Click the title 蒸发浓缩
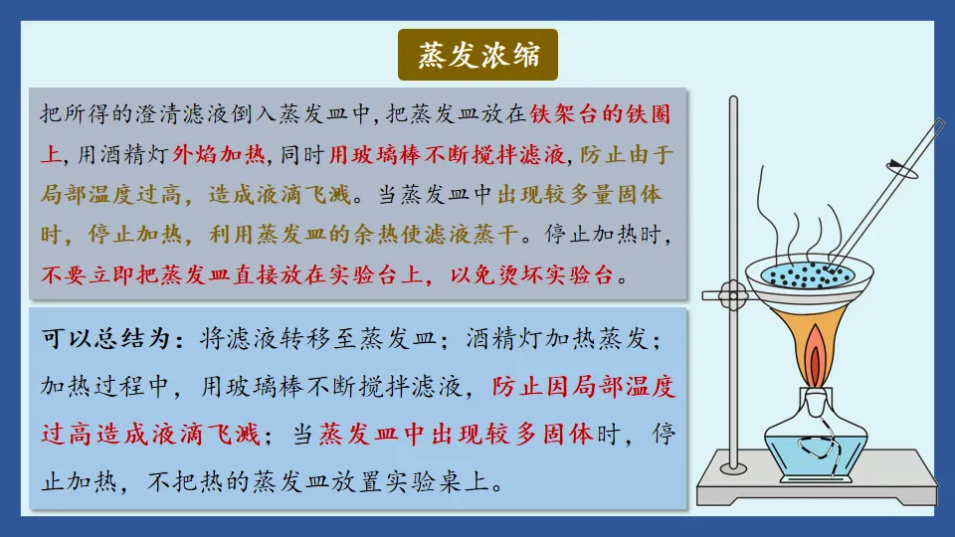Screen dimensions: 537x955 pos(477,56)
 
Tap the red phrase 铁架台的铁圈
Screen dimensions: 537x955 pos(601,113)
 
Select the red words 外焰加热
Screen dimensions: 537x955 pos(220,154)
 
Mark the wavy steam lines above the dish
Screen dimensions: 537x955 pos(796,219)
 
